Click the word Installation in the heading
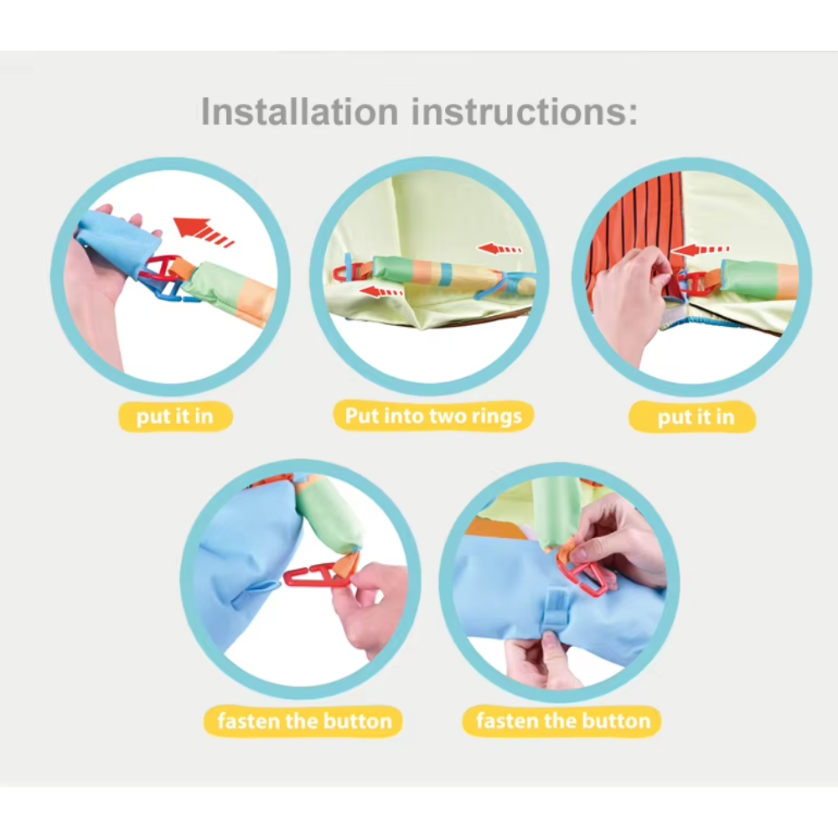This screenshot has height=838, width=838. tap(299, 111)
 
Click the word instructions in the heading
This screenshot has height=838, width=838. tap(525, 111)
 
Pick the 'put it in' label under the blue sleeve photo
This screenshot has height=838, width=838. tap(175, 416)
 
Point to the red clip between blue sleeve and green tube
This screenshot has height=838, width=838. tap(158, 270)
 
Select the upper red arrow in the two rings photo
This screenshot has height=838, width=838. tap(499, 249)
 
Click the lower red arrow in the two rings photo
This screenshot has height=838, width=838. tap(380, 292)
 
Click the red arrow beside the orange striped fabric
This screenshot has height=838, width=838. tap(700, 250)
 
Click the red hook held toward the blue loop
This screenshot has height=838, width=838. tap(313, 577)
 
